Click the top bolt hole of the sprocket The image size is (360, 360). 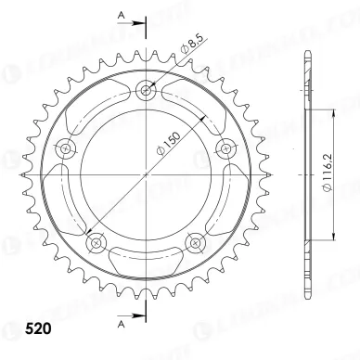(x=146, y=90)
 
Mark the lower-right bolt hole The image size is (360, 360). (x=194, y=242)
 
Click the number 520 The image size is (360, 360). (x=25, y=329)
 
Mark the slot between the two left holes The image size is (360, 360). (x=69, y=197)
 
